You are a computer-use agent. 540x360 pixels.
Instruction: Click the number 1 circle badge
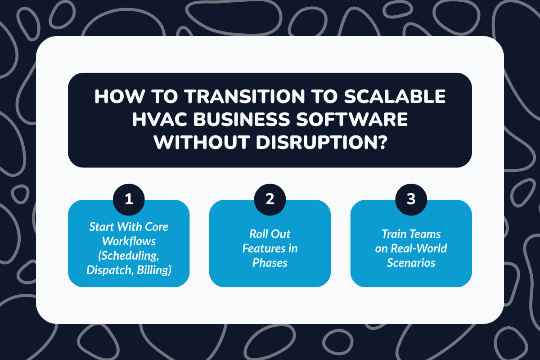point(129,199)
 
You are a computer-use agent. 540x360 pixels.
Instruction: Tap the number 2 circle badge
point(270,199)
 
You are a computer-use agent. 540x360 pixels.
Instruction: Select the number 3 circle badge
point(411,199)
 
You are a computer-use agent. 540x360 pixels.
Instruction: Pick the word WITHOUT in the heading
point(205,143)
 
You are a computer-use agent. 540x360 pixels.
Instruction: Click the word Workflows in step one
point(129,241)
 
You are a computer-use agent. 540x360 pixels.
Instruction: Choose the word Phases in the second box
point(270,263)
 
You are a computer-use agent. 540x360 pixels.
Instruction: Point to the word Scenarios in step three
point(411,263)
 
